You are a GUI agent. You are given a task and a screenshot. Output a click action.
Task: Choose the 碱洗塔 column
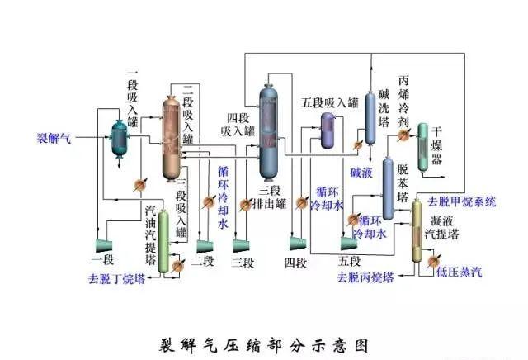(371, 116)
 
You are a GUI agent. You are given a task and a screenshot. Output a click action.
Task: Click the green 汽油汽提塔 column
(164, 239)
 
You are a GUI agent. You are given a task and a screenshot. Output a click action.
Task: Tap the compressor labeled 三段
(242, 244)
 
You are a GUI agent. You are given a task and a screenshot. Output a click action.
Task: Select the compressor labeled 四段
(295, 244)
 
